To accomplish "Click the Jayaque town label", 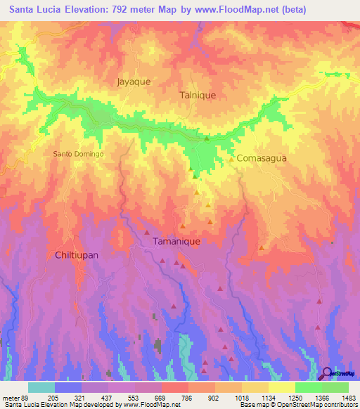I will point(134,82).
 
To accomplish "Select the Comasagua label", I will point(262,159).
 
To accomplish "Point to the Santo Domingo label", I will point(79,153).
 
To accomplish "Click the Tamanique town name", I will point(176,241).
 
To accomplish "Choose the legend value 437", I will point(106,398).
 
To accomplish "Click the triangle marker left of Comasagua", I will point(231,159).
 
